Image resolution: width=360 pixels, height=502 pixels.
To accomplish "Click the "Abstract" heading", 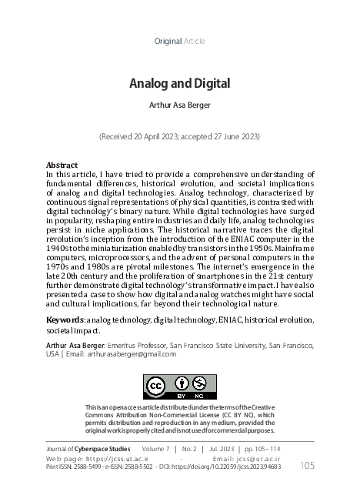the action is pos(62,166).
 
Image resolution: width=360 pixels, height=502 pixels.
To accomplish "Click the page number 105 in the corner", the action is pos(307,465).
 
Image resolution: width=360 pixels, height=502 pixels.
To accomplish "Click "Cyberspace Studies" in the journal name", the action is pos(105,447).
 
